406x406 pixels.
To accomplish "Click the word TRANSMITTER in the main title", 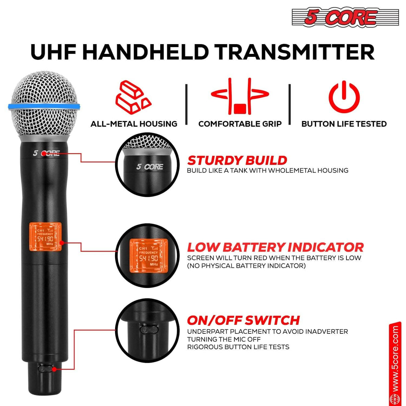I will [294, 52].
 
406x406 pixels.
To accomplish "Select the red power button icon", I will [344, 97].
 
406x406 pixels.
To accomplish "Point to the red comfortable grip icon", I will [240, 97].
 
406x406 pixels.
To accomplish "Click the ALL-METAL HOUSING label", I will [134, 124].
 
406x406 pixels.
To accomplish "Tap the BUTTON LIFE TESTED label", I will [344, 124].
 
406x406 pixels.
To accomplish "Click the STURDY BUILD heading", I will [237, 160].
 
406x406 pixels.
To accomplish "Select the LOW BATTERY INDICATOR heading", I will [275, 247].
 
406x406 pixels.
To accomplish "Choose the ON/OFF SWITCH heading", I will [243, 320].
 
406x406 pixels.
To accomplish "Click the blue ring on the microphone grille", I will [44, 107].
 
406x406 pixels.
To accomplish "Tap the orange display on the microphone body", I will [45, 237].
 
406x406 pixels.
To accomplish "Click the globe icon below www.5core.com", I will [395, 399].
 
